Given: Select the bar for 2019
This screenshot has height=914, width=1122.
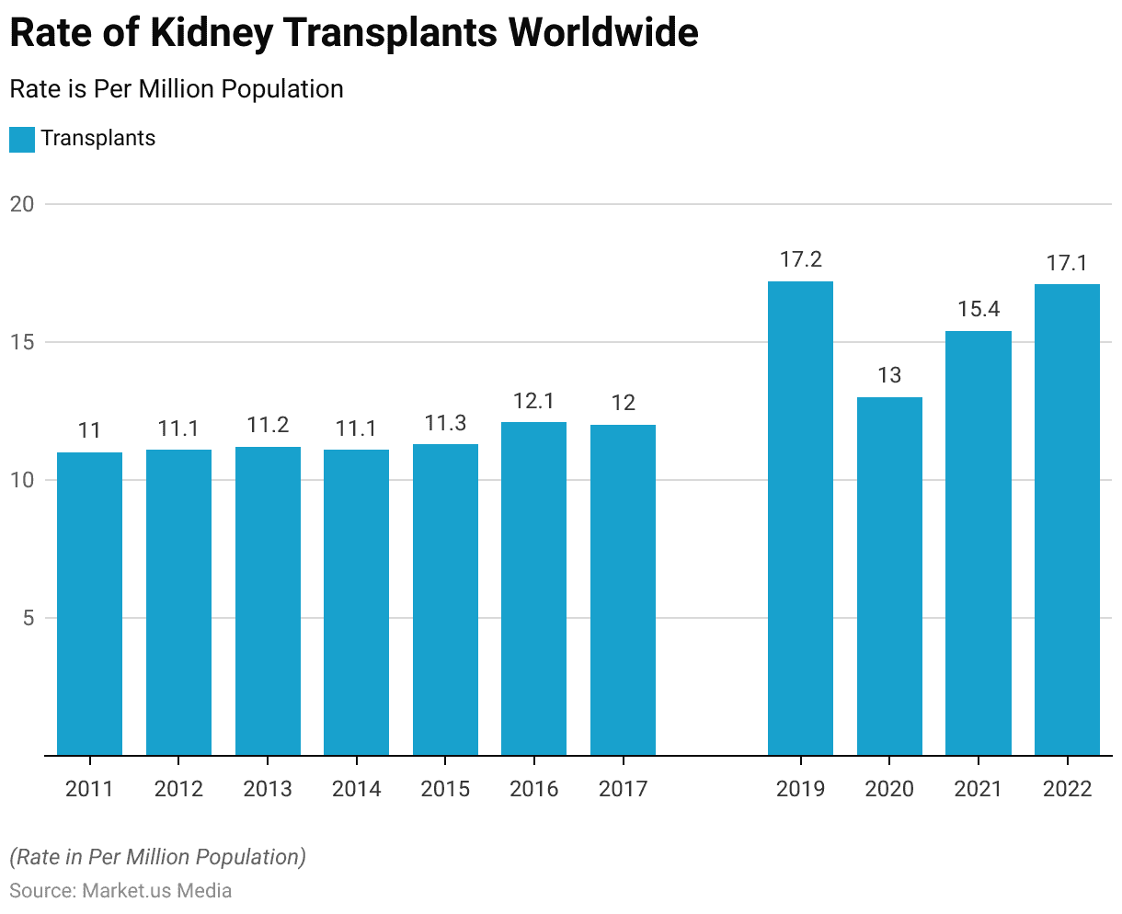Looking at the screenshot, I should coord(800,519).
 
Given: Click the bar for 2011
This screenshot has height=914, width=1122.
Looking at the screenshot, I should coord(89,604).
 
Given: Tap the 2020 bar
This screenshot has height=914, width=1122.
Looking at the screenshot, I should coord(889,577).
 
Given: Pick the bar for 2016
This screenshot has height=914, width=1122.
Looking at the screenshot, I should coord(533,588).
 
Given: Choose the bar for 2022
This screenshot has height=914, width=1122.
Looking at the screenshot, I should coord(1067,520).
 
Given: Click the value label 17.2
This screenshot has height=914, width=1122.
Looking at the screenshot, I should coord(800,260).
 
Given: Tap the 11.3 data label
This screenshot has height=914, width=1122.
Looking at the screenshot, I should coord(445,423).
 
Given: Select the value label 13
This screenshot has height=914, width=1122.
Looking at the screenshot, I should coord(889,376).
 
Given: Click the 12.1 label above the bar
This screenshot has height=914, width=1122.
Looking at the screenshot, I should coord(533,402).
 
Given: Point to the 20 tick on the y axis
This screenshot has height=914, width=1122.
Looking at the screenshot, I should coord(22,204).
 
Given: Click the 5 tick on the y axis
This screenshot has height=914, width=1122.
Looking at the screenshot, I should coord(29,618).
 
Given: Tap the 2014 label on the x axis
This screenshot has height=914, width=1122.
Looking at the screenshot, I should coord(356,789).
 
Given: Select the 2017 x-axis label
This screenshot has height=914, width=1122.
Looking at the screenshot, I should coord(623,789).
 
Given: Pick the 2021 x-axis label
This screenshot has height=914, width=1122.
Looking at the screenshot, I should coord(979,789).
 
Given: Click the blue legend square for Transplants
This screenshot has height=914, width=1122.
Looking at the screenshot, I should coord(22,139).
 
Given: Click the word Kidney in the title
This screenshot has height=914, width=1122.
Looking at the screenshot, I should coord(211,33).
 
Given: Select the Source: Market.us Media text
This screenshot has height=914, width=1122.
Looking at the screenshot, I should coord(120,890).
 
